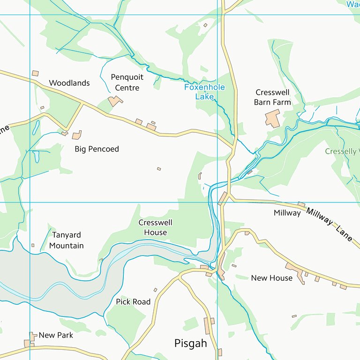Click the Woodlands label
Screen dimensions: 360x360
69,83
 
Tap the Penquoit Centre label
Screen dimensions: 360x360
127,82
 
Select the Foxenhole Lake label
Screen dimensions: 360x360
204,92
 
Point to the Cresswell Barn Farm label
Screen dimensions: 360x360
272,97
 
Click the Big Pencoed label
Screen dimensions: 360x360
97,149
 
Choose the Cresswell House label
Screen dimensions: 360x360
155,227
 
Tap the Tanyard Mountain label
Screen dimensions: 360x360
67,240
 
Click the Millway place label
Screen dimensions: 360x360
287,213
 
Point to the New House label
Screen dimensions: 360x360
272,278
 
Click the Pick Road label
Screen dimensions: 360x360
133,302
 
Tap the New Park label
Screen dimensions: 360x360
56,335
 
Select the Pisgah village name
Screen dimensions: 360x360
190,343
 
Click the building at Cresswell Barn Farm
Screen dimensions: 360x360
272,118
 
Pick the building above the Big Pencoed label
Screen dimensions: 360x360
76,135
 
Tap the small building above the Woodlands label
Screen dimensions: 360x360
35,74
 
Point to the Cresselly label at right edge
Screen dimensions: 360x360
342,151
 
